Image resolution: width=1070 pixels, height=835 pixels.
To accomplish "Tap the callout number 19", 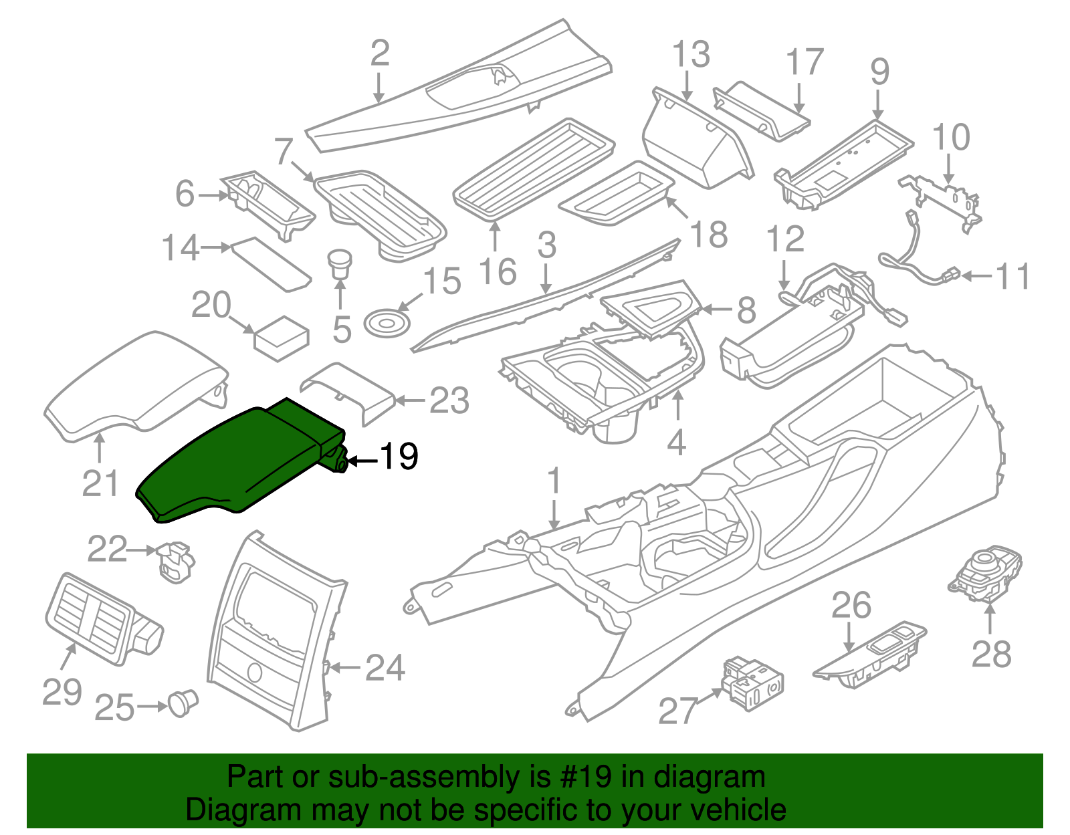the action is [x=399, y=457].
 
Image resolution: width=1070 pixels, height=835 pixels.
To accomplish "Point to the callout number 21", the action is [x=100, y=483].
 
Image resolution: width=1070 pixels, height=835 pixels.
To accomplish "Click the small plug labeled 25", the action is [x=183, y=703].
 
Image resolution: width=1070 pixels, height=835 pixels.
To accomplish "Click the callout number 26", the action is [x=851, y=606].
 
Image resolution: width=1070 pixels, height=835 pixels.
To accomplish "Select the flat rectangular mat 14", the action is [x=271, y=264].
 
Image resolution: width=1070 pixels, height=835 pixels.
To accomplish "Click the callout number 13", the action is [x=691, y=55].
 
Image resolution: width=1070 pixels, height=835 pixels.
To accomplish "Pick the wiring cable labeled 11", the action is [x=916, y=261].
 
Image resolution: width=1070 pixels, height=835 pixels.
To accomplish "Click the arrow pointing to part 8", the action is [x=716, y=310].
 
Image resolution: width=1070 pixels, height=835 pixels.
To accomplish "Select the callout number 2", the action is [x=380, y=53].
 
